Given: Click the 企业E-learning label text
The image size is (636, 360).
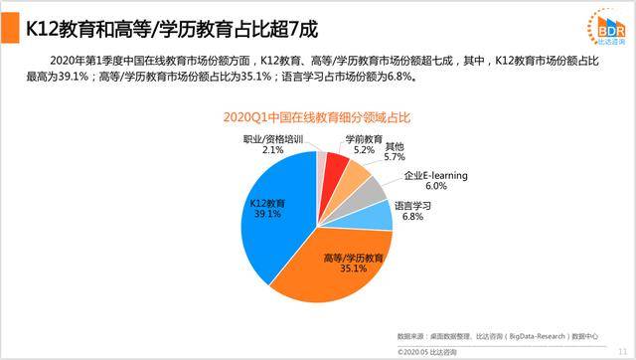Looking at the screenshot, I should tap(435, 177).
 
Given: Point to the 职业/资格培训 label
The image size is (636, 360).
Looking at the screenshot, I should tap(273, 139).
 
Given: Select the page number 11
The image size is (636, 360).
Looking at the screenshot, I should tap(621, 350).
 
